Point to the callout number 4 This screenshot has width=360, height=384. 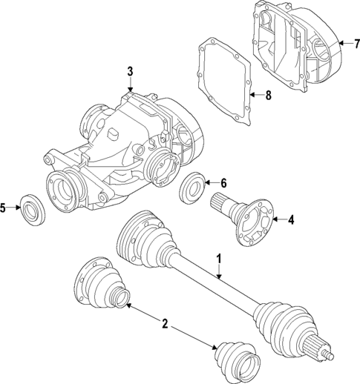(291, 219)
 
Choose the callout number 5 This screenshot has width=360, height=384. (4, 208)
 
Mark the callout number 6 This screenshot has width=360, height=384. (223, 183)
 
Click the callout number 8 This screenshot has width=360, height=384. (269, 94)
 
